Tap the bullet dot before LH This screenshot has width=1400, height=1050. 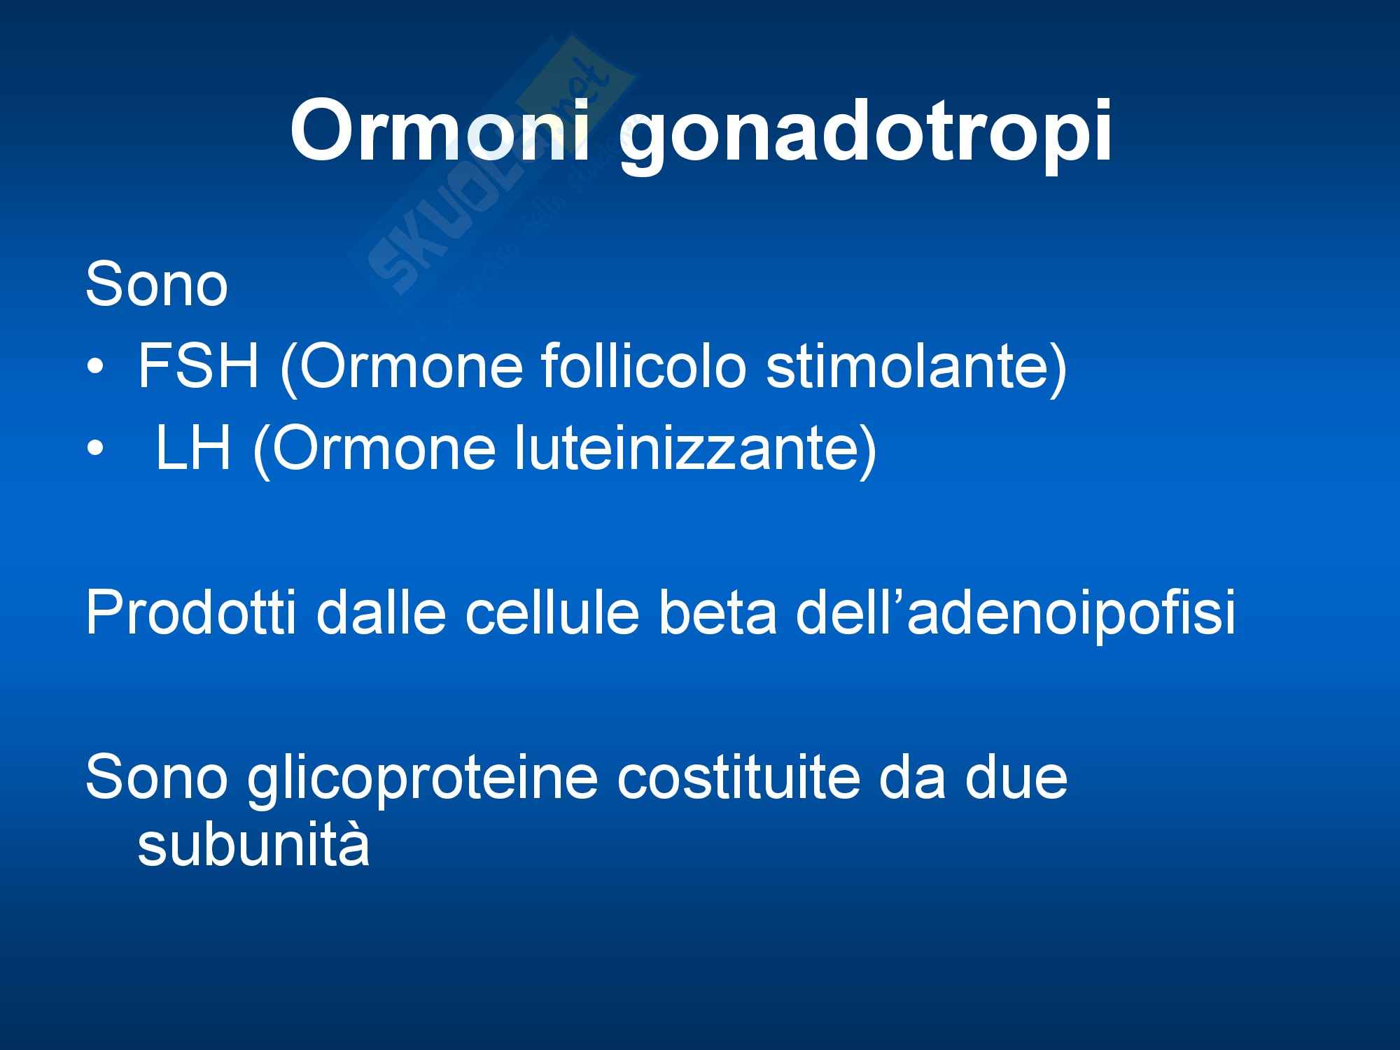[x=94, y=449]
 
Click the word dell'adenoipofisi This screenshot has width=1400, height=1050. [x=1016, y=614]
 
